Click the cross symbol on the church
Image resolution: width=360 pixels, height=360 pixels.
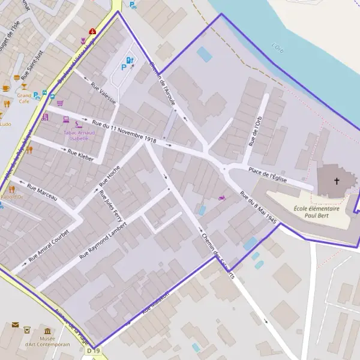click(x=337, y=181)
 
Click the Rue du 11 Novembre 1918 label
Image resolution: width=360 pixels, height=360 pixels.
click(x=121, y=132)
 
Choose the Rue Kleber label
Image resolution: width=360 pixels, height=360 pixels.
click(x=81, y=155)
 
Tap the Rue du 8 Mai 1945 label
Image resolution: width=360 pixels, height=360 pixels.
click(x=258, y=207)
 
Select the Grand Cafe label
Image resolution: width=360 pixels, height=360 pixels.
click(x=24, y=98)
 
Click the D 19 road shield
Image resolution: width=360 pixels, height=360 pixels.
click(x=92, y=350)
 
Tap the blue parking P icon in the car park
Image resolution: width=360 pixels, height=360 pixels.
click(x=124, y=68)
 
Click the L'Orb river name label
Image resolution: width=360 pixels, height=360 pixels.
click(x=277, y=47)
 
